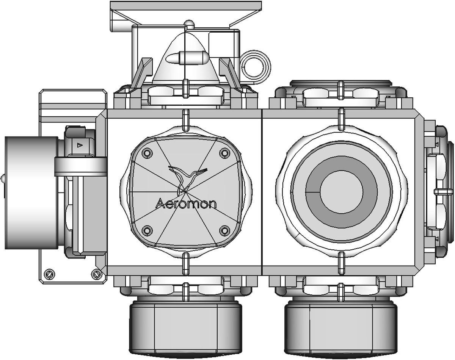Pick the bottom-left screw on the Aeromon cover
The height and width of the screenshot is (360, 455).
[147, 230]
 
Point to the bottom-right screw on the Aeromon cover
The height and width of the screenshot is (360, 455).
[225, 230]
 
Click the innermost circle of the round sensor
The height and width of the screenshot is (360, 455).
[342, 192]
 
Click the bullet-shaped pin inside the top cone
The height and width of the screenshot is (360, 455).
[188, 58]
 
